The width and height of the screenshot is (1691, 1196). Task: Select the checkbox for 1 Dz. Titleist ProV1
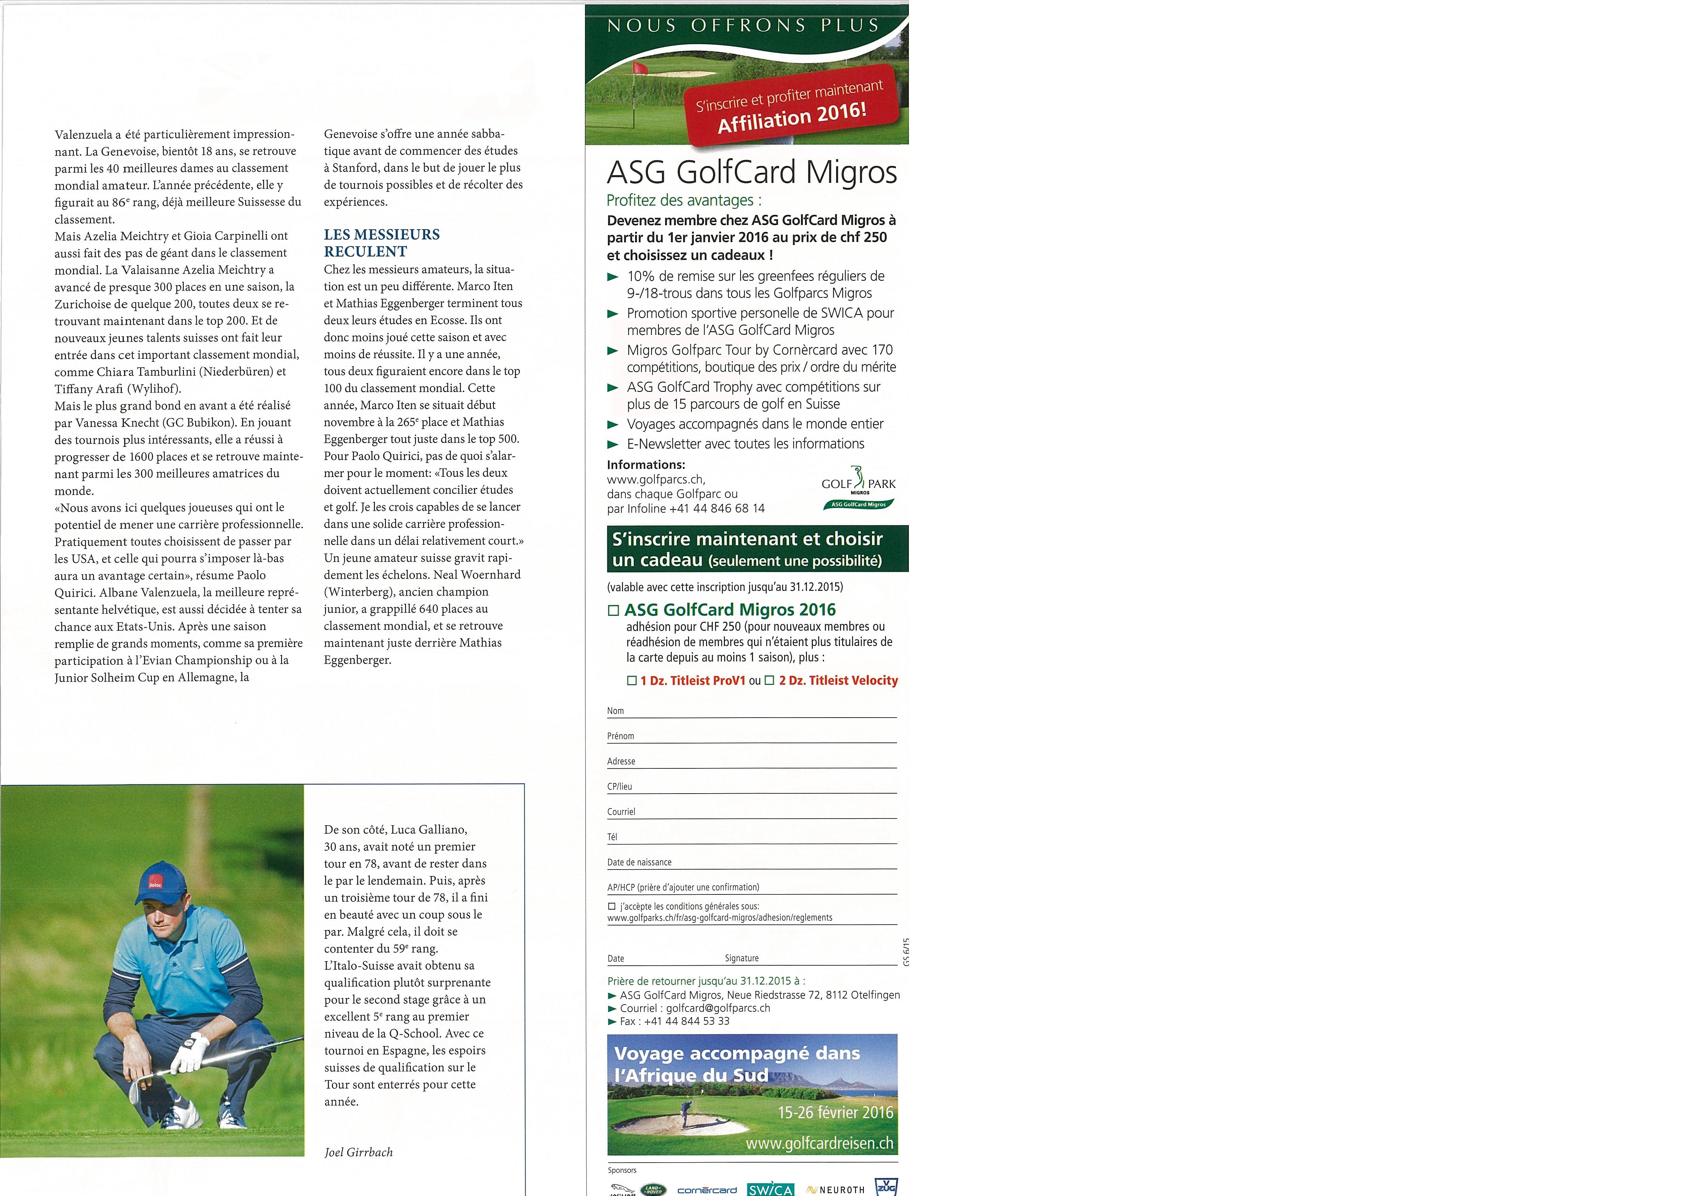click(631, 681)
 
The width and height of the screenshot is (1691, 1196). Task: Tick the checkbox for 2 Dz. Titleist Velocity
click(770, 681)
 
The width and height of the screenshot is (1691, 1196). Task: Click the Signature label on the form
click(742, 958)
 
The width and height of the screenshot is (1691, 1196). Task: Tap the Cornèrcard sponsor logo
click(707, 1190)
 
